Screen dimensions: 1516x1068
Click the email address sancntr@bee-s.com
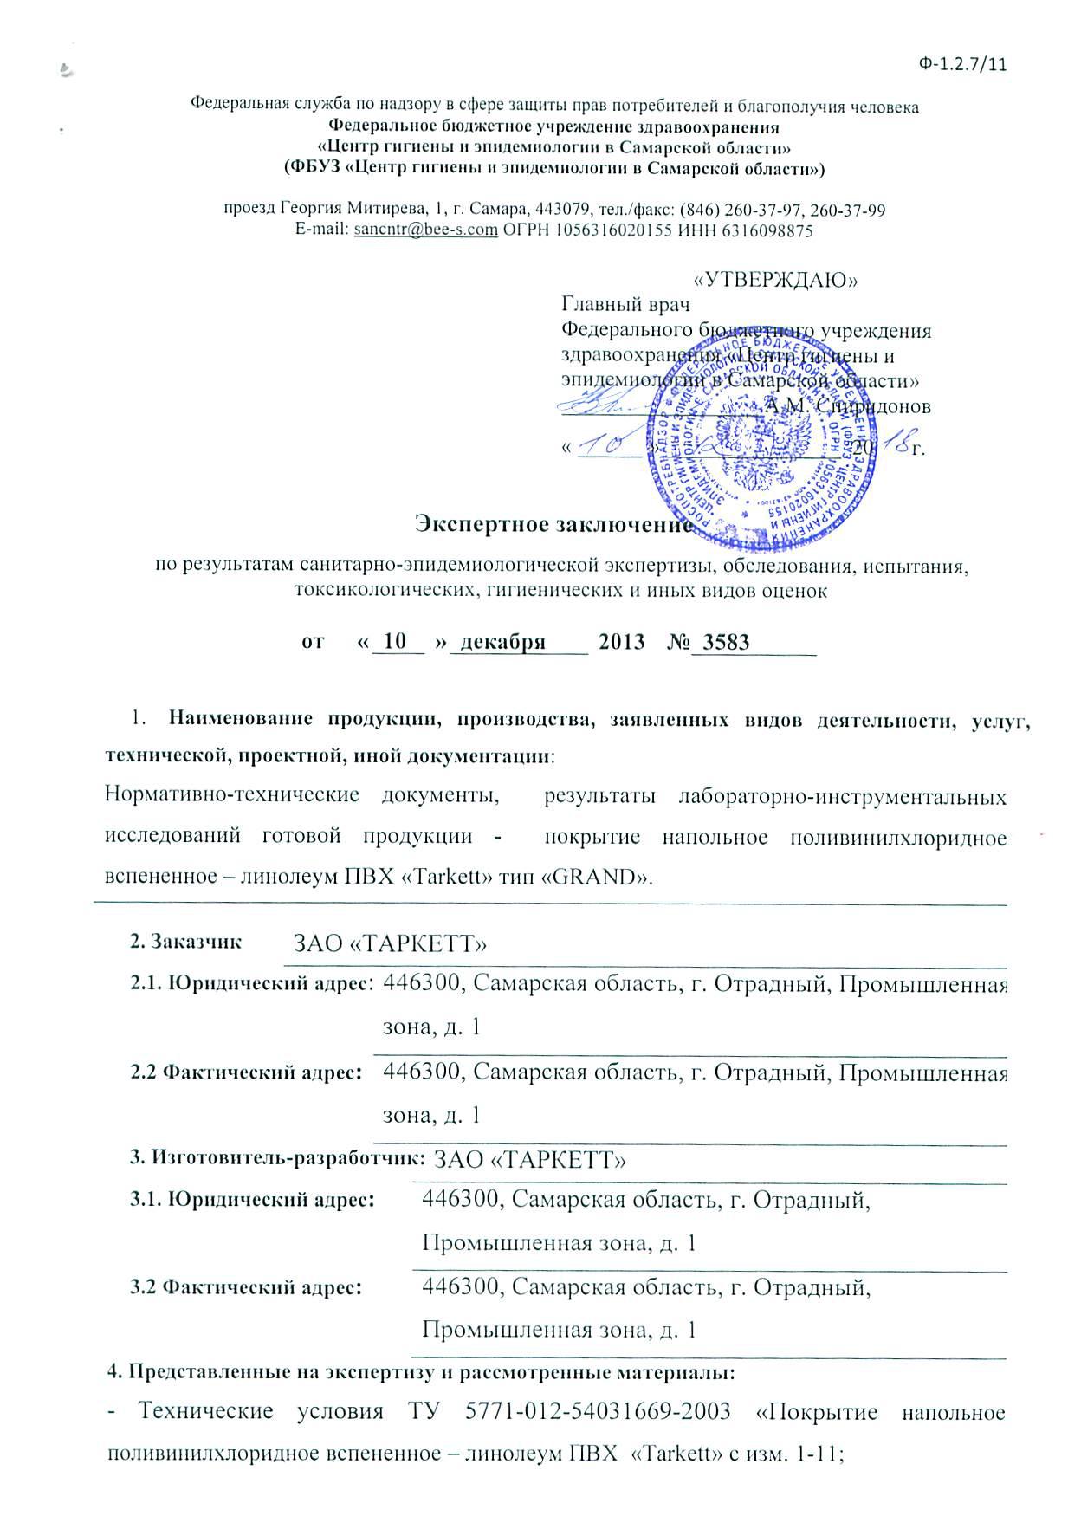(x=426, y=231)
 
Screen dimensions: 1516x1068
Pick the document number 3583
(x=726, y=642)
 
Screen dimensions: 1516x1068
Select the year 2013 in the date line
(x=622, y=642)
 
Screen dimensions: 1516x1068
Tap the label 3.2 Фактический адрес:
(x=245, y=1287)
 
